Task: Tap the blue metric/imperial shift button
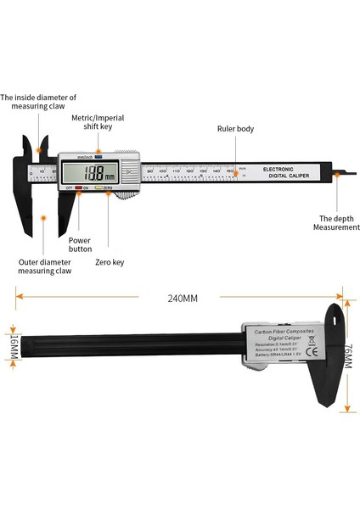click(x=98, y=157)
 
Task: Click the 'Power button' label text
click(x=80, y=244)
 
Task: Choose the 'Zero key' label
click(x=110, y=262)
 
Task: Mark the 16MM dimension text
click(x=14, y=344)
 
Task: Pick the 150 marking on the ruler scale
click(x=229, y=171)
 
